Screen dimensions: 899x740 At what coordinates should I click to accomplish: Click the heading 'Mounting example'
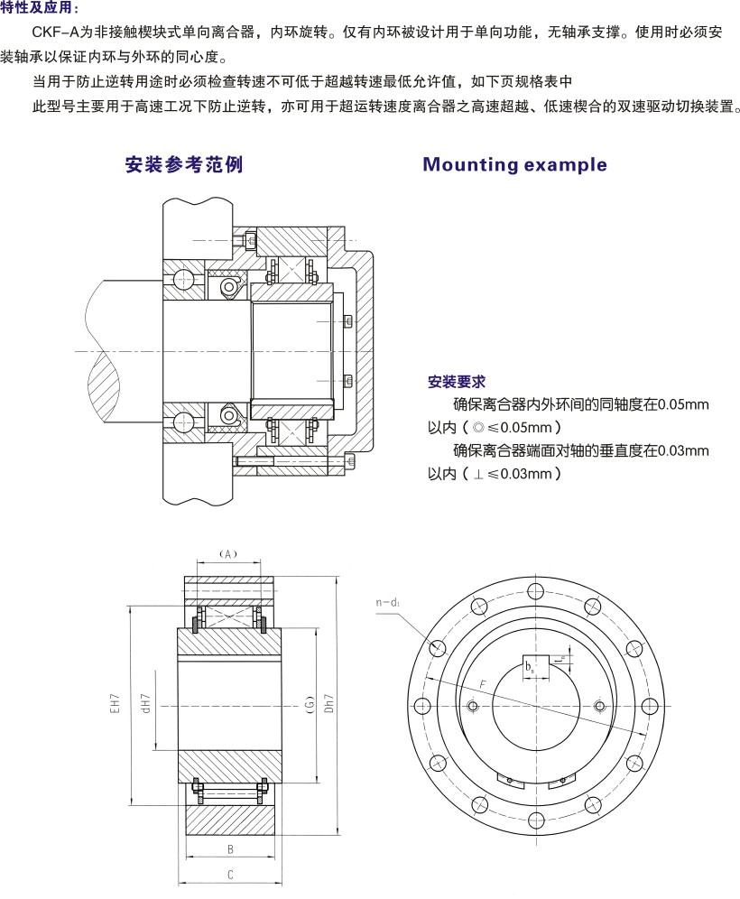[x=514, y=164]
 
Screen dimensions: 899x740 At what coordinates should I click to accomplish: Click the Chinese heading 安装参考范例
[x=183, y=164]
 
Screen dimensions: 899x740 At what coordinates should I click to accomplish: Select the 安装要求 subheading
[x=456, y=381]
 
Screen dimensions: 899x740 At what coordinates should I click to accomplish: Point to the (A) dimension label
[x=228, y=554]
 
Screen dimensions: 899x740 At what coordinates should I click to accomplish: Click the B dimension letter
[x=230, y=849]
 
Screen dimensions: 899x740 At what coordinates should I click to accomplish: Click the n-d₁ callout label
[x=389, y=603]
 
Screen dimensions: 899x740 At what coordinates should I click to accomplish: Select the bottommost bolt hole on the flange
[x=536, y=820]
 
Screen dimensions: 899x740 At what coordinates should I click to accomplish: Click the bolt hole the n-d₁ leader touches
[x=438, y=648]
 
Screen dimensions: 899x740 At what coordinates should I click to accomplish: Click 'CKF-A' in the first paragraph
[x=55, y=32]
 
